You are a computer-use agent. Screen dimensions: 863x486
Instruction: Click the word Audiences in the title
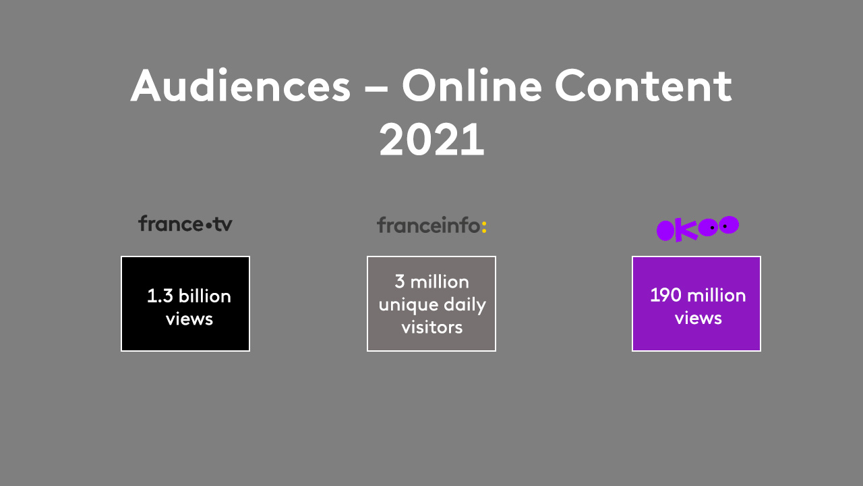click(241, 85)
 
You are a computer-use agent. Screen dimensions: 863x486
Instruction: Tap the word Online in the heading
click(472, 85)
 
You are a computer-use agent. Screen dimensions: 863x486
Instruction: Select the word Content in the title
click(643, 86)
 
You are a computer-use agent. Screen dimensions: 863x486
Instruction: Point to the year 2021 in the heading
click(431, 139)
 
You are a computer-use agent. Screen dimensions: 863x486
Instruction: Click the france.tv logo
click(185, 223)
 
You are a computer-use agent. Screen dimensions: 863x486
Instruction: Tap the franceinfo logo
click(431, 225)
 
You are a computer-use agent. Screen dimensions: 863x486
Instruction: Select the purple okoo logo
click(697, 229)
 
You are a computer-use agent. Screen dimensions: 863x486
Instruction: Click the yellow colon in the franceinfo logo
click(484, 226)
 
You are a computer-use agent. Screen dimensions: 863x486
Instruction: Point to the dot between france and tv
click(209, 225)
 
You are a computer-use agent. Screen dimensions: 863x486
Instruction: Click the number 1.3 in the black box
click(160, 296)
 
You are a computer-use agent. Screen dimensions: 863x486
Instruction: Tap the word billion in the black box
click(204, 296)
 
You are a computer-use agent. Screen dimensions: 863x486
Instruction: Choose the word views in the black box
click(189, 319)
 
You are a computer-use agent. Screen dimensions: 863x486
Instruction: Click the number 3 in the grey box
click(400, 281)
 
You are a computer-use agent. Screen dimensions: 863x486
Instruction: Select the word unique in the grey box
click(409, 305)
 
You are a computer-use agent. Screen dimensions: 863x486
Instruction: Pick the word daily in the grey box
click(465, 304)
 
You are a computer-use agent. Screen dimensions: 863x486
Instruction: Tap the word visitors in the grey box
click(432, 327)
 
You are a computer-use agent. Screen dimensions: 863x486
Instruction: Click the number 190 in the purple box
click(665, 296)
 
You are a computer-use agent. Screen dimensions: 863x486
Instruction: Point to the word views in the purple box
click(698, 319)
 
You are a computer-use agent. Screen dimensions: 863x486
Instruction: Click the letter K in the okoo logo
click(686, 230)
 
